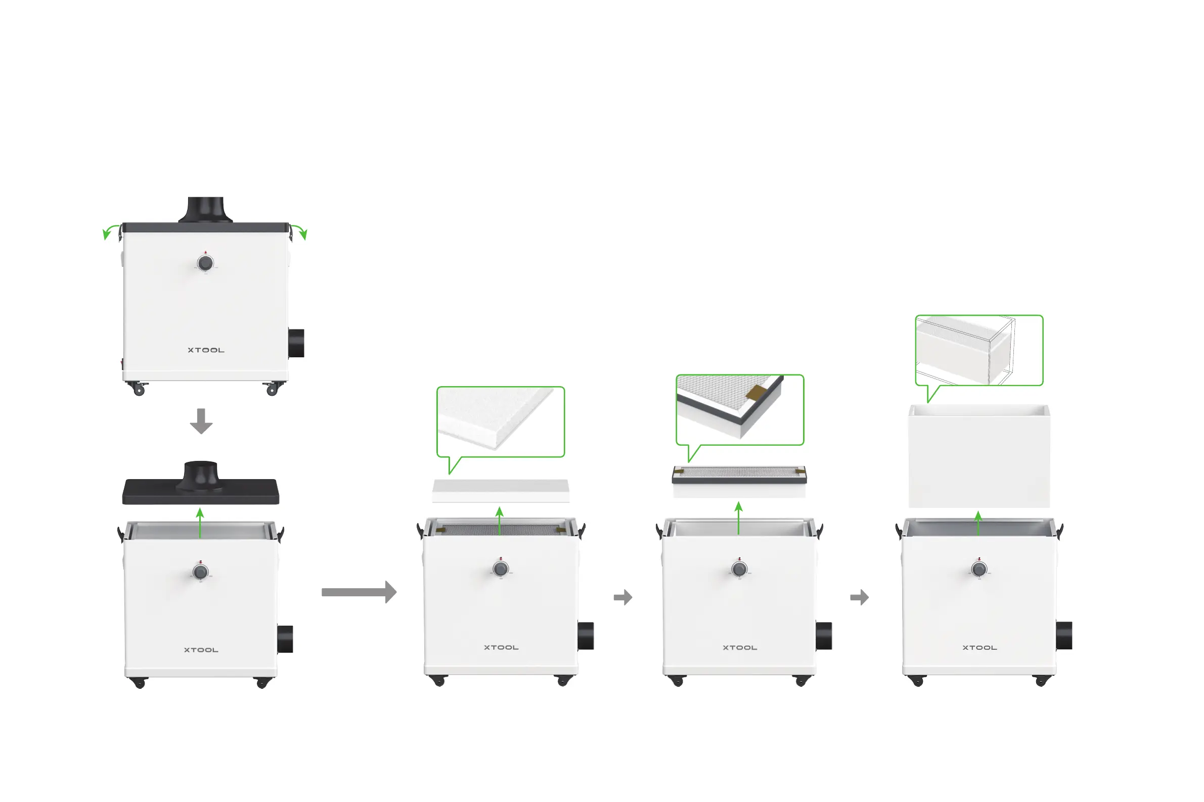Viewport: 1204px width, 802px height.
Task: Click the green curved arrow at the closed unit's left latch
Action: click(109, 231)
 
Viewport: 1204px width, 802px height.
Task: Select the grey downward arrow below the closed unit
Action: click(201, 421)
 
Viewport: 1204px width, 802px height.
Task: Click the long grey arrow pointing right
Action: click(359, 592)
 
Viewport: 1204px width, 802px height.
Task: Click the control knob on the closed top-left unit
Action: click(205, 263)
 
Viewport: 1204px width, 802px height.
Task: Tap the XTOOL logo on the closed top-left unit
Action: click(206, 350)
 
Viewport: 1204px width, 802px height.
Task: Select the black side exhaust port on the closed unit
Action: click(296, 343)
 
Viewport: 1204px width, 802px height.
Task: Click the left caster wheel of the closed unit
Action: click(138, 390)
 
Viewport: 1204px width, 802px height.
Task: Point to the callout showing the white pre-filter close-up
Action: click(501, 421)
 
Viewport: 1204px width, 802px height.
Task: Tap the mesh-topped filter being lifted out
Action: click(739, 481)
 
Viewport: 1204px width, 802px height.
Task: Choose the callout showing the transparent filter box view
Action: click(978, 350)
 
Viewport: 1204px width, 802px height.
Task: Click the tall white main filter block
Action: click(978, 456)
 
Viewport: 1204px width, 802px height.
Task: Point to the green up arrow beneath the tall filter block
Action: click(978, 523)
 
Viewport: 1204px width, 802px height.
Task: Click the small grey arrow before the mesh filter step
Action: click(622, 597)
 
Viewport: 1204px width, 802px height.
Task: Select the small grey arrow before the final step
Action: click(859, 597)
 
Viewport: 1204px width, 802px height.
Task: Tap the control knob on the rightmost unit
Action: click(979, 569)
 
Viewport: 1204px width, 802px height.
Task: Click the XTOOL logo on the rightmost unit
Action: click(979, 647)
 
